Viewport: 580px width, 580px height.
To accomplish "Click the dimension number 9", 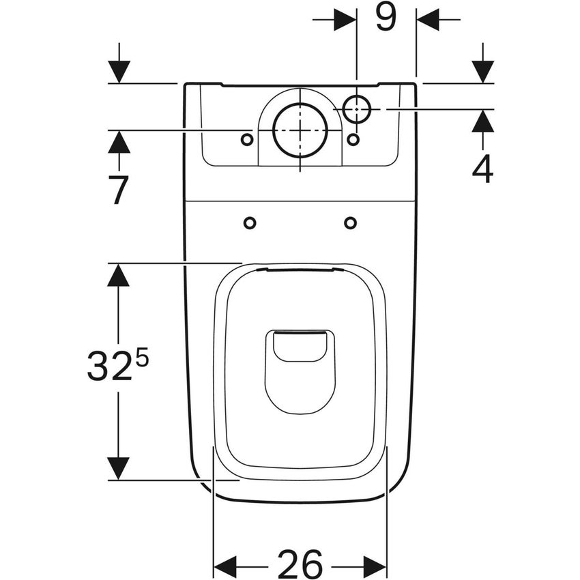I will tap(386, 18).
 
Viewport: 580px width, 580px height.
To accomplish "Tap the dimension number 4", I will tap(482, 169).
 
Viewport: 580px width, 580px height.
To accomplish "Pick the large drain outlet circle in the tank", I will tap(299, 130).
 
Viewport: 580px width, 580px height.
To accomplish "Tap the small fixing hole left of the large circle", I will tap(247, 139).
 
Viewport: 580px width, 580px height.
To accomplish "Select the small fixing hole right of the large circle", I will tap(353, 139).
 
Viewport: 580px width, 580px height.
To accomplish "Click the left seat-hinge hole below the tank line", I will tap(250, 223).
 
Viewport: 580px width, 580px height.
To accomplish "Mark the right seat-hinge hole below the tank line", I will tap(350, 223).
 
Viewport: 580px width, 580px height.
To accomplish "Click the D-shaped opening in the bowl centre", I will tap(300, 368).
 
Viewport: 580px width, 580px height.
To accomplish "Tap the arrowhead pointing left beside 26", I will tap(225, 566).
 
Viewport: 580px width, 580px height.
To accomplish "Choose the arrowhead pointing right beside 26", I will tap(375, 566).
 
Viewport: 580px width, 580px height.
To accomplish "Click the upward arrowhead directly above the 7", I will tap(119, 141).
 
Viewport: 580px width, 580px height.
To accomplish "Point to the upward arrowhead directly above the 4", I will tap(482, 121).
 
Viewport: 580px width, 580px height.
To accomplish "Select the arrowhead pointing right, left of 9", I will tap(345, 20).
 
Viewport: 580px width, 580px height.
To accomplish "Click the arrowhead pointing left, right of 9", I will tap(428, 20).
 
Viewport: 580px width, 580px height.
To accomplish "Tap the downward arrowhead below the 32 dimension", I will tap(119, 468).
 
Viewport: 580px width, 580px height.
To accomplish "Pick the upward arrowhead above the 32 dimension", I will tap(119, 275).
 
